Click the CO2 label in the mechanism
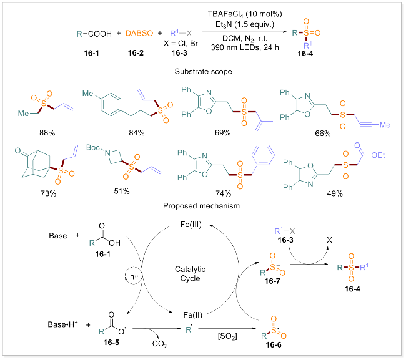[163, 340]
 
